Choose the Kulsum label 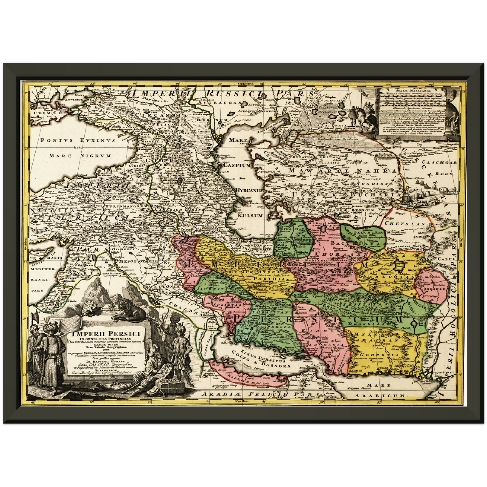coord(250,215)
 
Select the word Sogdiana coord(377,184)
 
